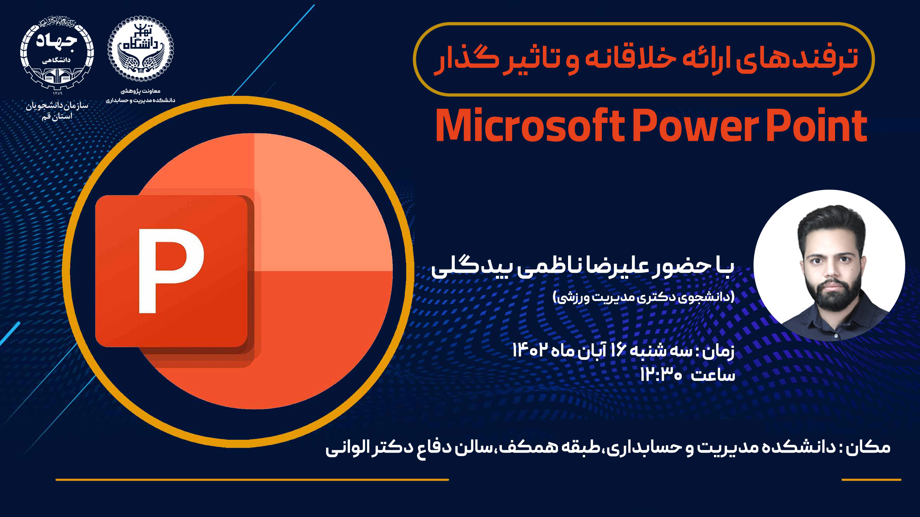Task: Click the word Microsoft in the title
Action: click(530, 126)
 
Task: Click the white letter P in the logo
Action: click(171, 271)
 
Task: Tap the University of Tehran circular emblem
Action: click(140, 49)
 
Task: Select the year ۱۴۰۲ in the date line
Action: click(530, 350)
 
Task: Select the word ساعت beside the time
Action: click(713, 375)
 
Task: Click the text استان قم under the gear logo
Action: click(57, 116)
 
